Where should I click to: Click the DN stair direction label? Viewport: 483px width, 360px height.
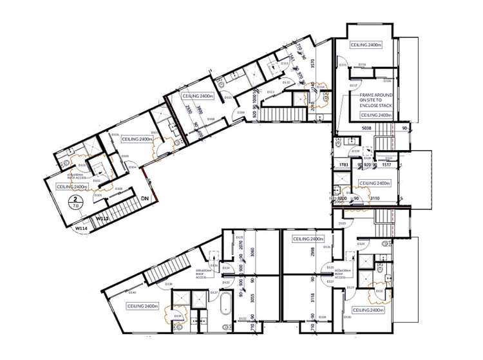(x=146, y=199)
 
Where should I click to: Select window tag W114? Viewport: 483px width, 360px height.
(x=81, y=228)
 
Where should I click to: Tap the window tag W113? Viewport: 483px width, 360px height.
(x=102, y=218)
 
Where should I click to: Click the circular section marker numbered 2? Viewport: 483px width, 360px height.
(x=76, y=203)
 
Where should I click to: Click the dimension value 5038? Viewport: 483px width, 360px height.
(x=368, y=128)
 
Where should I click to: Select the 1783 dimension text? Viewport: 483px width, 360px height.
(x=345, y=166)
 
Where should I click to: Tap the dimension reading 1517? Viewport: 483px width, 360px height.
(x=386, y=166)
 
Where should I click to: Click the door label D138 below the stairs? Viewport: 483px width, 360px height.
(x=169, y=283)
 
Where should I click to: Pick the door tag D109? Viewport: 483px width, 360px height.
(x=240, y=113)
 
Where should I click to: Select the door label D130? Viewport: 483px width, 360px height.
(x=347, y=317)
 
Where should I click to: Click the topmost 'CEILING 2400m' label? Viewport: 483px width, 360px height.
(x=366, y=45)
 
